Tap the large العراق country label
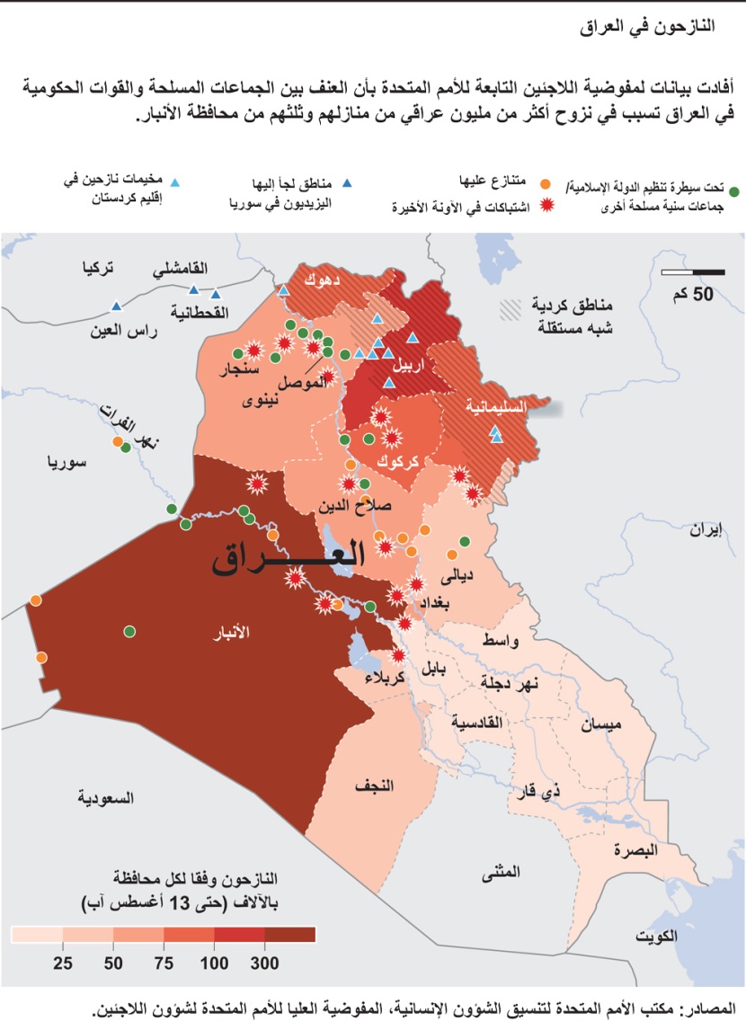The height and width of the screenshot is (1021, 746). [x=289, y=557]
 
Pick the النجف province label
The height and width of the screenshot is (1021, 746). [x=374, y=786]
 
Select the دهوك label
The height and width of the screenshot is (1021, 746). [x=322, y=279]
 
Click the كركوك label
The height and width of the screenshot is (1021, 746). [x=395, y=461]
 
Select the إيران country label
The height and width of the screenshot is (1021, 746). [x=706, y=529]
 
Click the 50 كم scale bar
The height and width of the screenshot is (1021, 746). [x=693, y=271]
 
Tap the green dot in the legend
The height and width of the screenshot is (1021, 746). [x=734, y=191]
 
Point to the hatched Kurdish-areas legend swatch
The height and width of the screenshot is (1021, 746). [x=511, y=309]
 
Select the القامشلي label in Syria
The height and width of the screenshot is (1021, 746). [x=181, y=268]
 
